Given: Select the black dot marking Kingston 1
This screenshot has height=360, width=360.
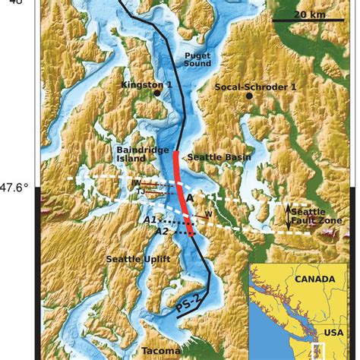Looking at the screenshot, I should pyautogui.click(x=156, y=94).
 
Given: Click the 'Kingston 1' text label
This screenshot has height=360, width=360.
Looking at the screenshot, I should pyautogui.click(x=147, y=84).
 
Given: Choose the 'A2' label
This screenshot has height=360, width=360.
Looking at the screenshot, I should pyautogui.click(x=161, y=232).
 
